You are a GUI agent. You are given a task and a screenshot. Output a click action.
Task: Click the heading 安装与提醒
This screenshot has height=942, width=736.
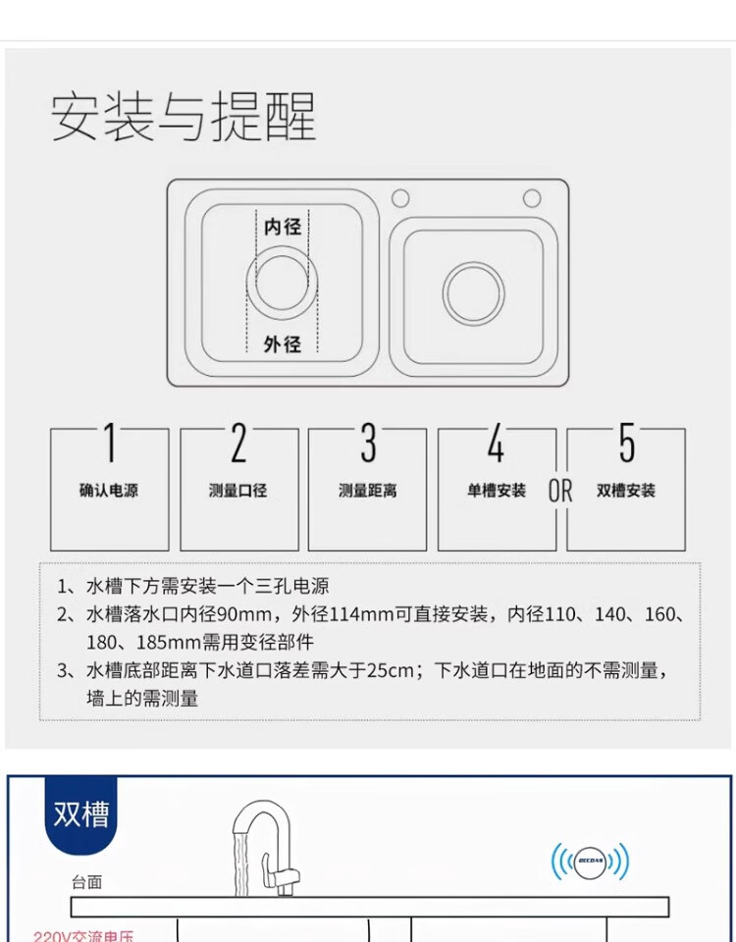(184, 117)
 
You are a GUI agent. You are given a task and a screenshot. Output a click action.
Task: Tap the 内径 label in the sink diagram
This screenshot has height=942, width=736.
(283, 227)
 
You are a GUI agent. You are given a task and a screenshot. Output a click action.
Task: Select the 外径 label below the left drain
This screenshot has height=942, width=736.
(283, 344)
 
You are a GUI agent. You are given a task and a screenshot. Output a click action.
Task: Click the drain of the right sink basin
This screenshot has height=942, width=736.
(473, 293)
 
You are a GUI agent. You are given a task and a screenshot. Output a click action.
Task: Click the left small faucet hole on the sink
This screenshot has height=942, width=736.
(400, 198)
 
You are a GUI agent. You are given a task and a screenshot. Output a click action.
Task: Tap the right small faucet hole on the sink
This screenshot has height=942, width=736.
(532, 197)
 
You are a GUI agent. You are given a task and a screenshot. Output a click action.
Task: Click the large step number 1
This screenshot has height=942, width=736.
(109, 443)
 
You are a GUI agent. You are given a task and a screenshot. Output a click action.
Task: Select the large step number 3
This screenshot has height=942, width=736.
(368, 443)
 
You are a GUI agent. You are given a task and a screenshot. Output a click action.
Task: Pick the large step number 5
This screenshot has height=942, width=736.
(627, 443)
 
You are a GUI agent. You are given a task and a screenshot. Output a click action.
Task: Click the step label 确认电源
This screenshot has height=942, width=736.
(109, 491)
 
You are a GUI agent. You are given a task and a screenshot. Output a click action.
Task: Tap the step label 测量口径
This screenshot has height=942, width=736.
(237, 491)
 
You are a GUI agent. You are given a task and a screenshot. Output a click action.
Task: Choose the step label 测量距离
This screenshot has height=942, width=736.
(368, 491)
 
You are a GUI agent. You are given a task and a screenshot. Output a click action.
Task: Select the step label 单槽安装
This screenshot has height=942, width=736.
(497, 491)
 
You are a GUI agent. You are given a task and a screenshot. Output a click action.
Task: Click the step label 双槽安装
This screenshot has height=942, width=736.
(626, 491)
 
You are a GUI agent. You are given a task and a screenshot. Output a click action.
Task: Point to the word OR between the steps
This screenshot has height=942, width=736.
(560, 491)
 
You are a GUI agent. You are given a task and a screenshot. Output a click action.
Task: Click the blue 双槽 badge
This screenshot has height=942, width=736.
(81, 814)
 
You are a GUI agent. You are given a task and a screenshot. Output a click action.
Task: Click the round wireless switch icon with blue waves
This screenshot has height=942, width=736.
(591, 863)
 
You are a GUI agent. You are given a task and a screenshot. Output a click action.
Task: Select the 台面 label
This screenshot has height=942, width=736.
(87, 882)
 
